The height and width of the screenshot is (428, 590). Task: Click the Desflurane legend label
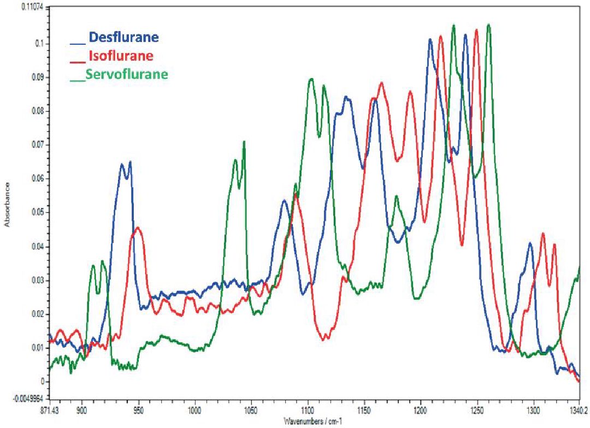pos(124,38)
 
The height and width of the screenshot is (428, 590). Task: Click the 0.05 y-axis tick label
pos(35,212)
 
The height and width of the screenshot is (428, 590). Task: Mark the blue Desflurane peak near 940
pos(130,162)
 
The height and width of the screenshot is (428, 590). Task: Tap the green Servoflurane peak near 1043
pos(244,141)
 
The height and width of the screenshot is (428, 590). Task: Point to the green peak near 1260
pos(488,25)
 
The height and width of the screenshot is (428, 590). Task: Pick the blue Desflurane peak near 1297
pos(530,243)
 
